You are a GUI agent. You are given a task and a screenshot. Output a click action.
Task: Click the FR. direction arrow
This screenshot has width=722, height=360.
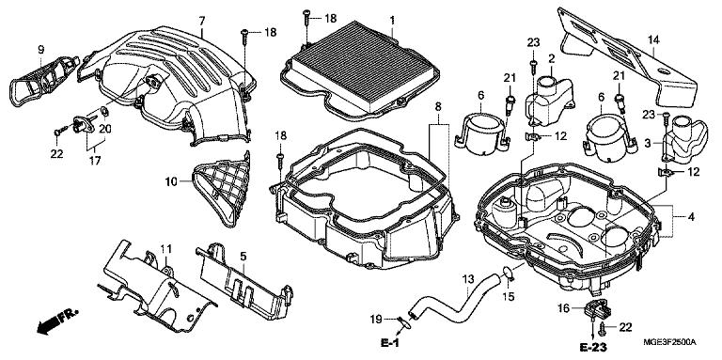pos(57,321)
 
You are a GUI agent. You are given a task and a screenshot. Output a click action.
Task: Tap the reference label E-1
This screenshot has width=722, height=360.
pos(389,343)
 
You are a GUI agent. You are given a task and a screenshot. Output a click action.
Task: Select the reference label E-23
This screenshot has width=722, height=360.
pos(592,347)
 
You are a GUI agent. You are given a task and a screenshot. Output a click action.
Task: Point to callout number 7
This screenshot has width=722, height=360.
pos(202,21)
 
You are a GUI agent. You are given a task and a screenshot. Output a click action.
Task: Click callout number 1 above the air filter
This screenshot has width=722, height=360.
pos(392,21)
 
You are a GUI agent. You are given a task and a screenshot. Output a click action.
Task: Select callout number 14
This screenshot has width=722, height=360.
pos(653,39)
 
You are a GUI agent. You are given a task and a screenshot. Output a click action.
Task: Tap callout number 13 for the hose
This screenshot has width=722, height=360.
pos(467,279)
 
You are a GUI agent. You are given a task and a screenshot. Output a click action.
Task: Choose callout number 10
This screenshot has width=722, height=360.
pos(171,181)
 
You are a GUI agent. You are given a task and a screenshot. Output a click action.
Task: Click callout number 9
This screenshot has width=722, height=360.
pos(40,49)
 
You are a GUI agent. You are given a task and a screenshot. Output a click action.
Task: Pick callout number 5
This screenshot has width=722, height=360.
pos(243,256)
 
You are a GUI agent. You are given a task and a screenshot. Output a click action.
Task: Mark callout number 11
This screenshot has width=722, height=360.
pos(165,249)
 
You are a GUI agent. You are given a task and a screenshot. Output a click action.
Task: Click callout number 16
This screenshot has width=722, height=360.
pos(564,307)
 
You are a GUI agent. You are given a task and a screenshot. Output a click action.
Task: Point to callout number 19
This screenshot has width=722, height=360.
pos(377,318)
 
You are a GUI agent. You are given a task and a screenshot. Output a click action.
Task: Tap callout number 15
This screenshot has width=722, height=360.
pos(508,297)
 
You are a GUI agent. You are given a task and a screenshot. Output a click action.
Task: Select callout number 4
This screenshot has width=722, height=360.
pos(691,216)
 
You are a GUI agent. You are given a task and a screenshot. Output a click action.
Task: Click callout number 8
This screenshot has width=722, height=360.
pos(438,107)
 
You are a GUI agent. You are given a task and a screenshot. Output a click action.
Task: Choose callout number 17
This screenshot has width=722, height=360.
pos(95,161)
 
